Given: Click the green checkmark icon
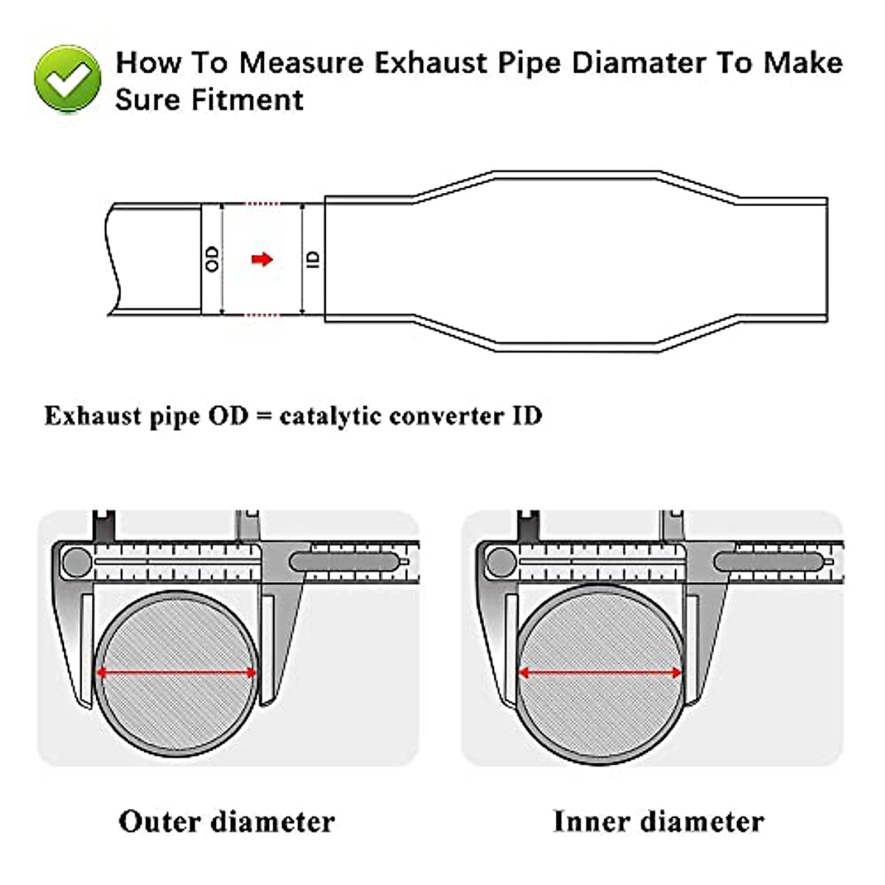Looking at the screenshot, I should tap(67, 79).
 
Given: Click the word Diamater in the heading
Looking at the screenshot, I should tap(639, 63).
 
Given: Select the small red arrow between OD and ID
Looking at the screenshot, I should tap(262, 259).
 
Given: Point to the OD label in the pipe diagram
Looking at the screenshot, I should tap(212, 259).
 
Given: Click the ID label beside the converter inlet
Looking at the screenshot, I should tap(313, 259).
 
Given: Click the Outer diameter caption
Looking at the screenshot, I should tap(226, 821).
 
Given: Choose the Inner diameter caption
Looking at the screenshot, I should tap(658, 821).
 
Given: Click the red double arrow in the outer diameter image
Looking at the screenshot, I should tap(177, 673).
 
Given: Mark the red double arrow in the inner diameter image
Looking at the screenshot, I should tap(600, 673).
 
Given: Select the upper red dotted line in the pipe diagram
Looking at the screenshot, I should tap(263, 204).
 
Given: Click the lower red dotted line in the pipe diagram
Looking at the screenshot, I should tap(263, 316).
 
